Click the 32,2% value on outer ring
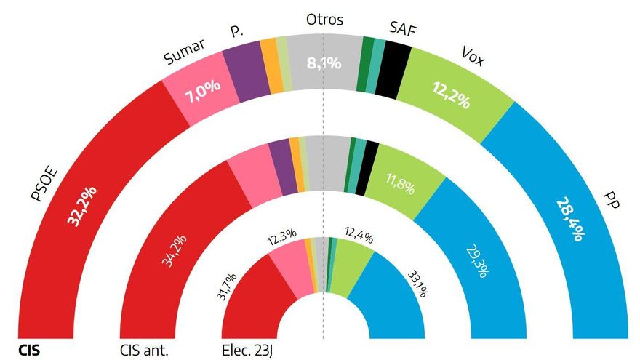click(x=81, y=206)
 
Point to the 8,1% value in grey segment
click(x=324, y=63)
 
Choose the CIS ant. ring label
click(x=144, y=350)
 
